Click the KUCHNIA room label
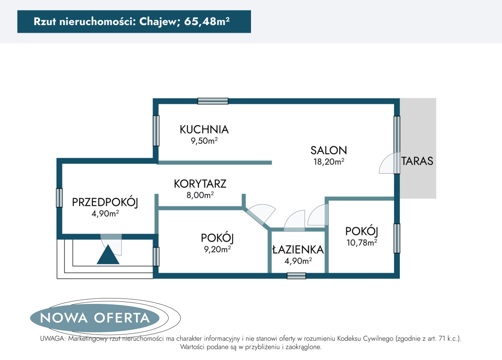tap(204, 129)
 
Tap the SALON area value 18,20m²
tap(329, 162)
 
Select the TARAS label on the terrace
tap(417, 161)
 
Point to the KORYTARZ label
tap(200, 184)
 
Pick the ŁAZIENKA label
tap(298, 249)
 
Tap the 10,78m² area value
tap(362, 242)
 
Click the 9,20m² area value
tap(218, 249)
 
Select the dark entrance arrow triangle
tap(108, 254)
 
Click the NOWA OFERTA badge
tap(95, 318)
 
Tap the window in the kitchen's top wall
tap(213, 101)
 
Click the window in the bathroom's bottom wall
tap(297, 276)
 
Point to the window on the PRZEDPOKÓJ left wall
tap(59, 198)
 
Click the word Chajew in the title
tap(158, 22)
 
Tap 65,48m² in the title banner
tap(207, 21)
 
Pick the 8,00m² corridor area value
tap(200, 195)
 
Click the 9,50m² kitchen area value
tap(204, 141)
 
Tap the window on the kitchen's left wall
tap(156, 131)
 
